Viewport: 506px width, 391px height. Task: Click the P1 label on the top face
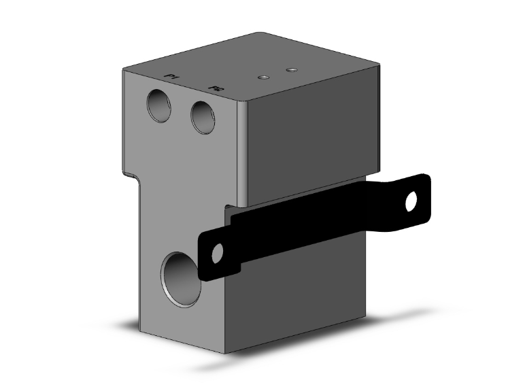[172, 79]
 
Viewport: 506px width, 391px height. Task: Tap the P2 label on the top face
[216, 88]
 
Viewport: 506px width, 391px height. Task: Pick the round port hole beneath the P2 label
[203, 117]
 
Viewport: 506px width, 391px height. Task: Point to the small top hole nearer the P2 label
[262, 78]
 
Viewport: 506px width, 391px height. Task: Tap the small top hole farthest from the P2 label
[292, 69]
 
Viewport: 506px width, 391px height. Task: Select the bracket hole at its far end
[411, 201]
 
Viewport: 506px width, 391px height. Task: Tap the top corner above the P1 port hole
[124, 69]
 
